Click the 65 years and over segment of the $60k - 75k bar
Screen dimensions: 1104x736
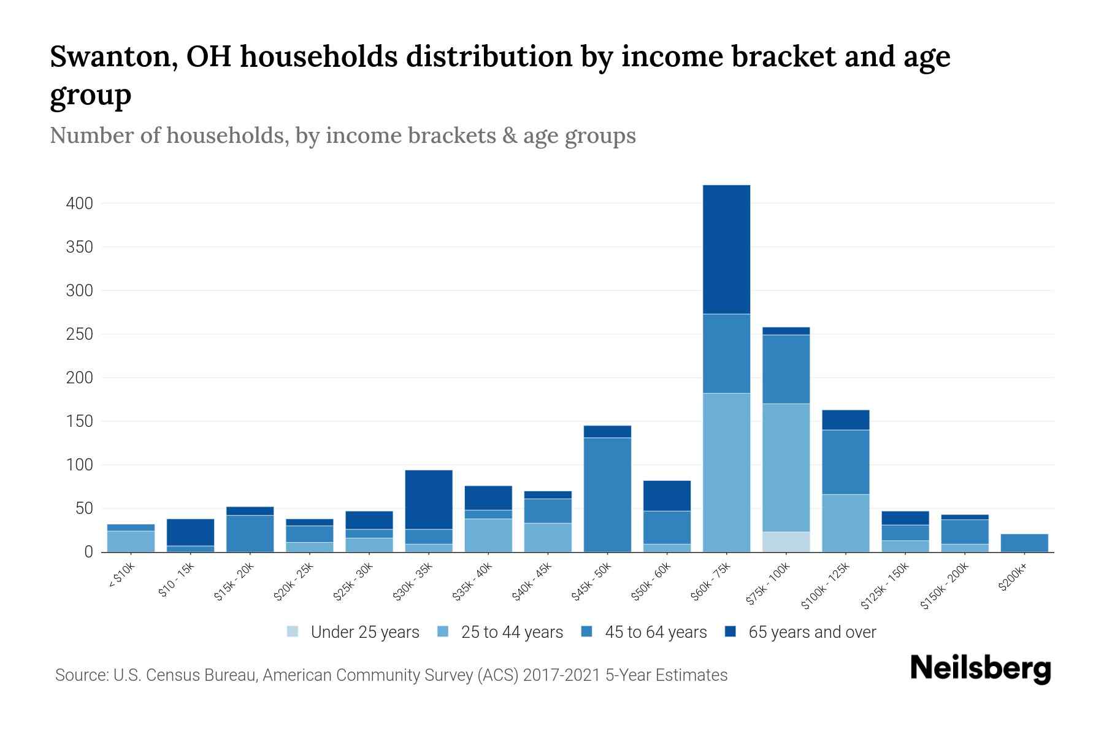tap(726, 250)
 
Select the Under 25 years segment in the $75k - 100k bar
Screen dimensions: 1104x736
tap(786, 542)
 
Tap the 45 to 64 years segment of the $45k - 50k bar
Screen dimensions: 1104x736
tap(607, 494)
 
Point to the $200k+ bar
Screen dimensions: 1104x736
tap(1024, 543)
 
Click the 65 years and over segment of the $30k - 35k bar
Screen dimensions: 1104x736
tap(429, 499)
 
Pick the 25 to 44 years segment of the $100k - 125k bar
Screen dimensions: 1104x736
tap(845, 523)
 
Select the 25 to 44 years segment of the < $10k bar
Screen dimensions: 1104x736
tap(131, 541)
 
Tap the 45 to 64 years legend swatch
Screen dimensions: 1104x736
tap(587, 632)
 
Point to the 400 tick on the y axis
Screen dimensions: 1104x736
tap(79, 204)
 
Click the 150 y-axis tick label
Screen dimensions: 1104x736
tap(79, 421)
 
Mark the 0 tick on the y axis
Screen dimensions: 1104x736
tap(88, 552)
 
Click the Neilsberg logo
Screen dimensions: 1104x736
tap(980, 668)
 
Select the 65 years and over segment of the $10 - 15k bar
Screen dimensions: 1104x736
tap(190, 532)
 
